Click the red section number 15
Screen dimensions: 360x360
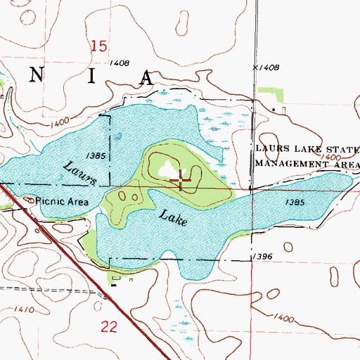pos(98,46)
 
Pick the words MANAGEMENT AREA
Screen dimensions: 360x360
pos(307,163)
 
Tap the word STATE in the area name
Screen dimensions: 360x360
pos(342,150)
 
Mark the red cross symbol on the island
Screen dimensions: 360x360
pos(182,182)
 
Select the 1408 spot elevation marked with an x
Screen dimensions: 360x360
pos(266,67)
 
